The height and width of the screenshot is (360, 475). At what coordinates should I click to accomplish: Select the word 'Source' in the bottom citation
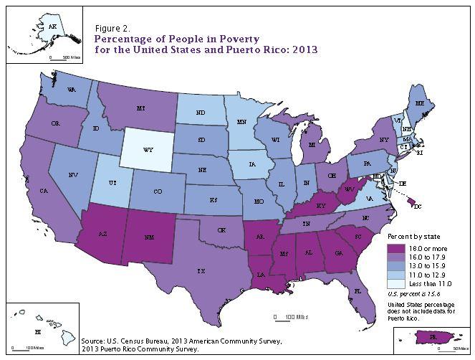pyautogui.click(x=95, y=341)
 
